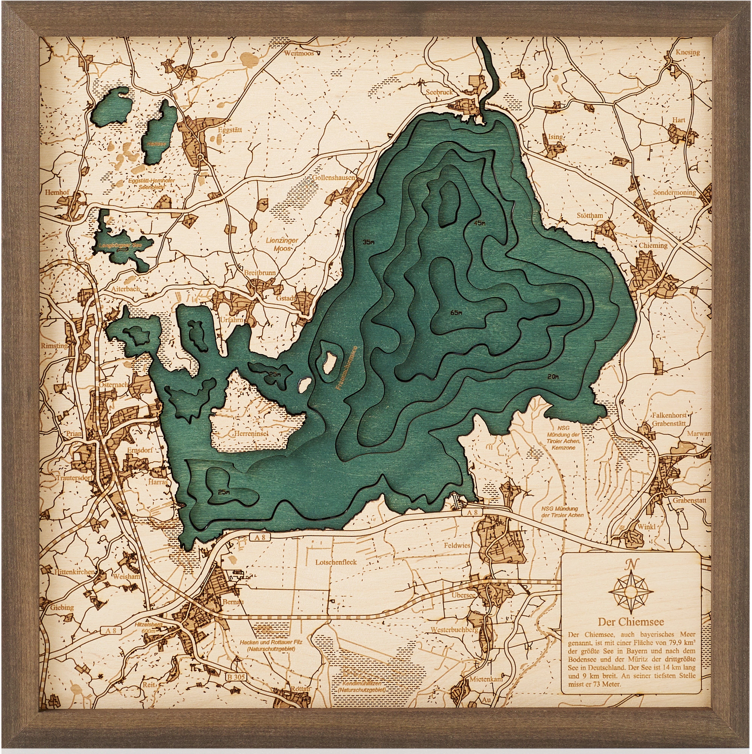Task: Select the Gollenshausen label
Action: point(334,178)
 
